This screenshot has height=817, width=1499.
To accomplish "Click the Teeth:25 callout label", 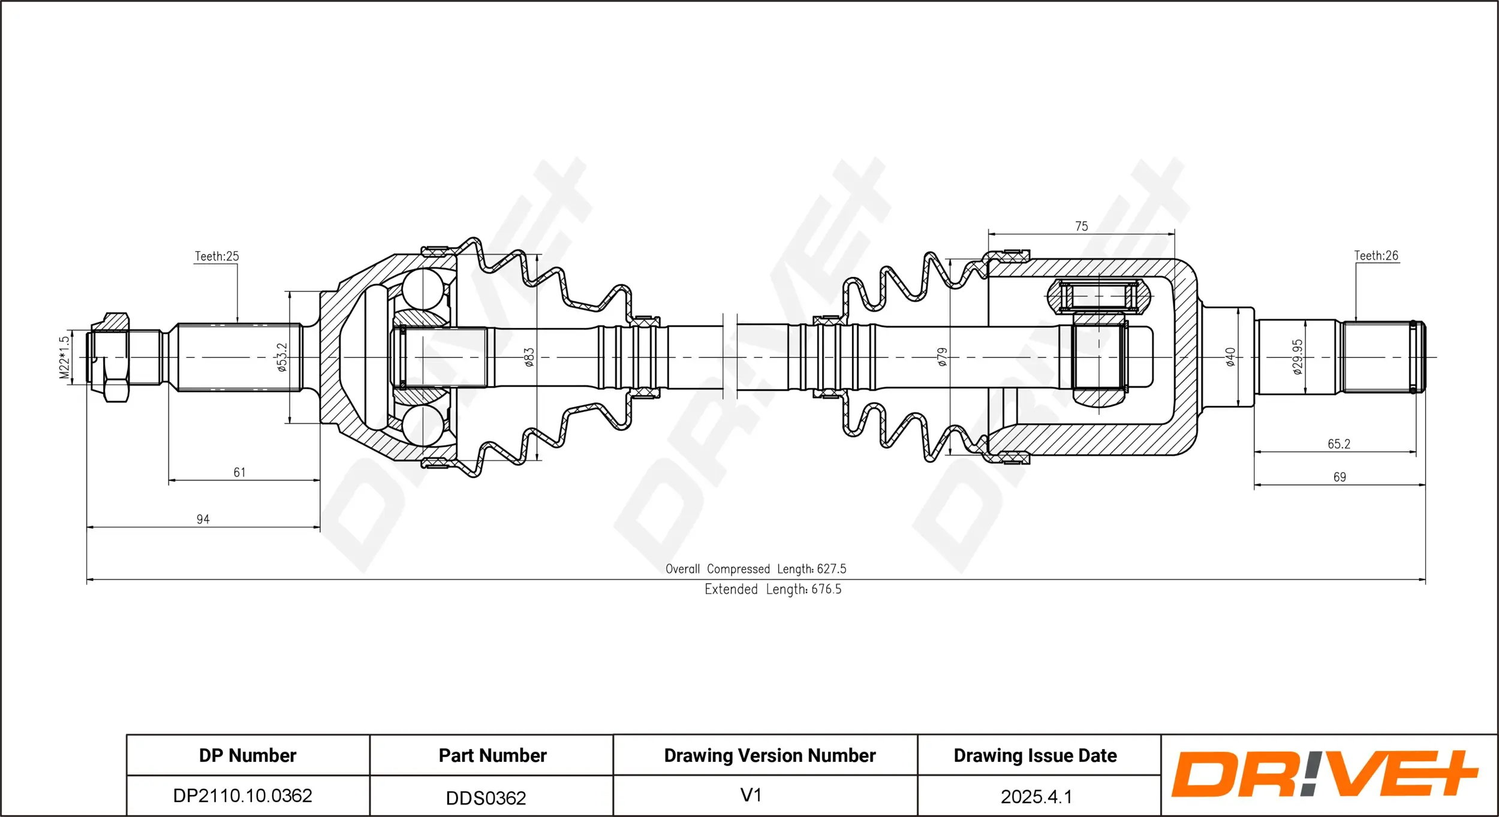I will (216, 257).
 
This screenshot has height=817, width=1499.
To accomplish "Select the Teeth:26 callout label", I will (1376, 256).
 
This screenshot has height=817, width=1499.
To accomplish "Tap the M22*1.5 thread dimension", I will (64, 357).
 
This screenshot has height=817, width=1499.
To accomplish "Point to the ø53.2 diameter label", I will (282, 357).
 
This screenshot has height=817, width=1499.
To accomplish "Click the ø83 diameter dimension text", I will (529, 357).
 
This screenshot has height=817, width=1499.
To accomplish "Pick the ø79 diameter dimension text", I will (942, 357).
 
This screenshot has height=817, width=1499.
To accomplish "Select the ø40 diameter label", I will (1230, 357).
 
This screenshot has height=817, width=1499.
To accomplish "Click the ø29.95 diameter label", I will (1298, 357).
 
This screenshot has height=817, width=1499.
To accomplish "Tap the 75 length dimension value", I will (1081, 227).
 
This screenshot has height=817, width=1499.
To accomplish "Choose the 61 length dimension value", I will (239, 473).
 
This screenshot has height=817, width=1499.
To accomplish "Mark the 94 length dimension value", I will (203, 520).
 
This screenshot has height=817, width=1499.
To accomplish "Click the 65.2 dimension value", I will (1339, 444).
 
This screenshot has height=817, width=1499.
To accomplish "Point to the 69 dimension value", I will (1340, 478).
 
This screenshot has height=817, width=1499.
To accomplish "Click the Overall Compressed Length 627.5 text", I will (755, 569).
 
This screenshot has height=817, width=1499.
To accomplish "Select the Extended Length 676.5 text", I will (773, 589).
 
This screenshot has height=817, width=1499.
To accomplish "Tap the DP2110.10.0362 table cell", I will (242, 795).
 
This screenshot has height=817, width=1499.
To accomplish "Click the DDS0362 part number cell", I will (486, 798).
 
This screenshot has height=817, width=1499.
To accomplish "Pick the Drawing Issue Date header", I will (1035, 756).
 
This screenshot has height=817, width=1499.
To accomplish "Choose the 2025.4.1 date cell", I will (1036, 797).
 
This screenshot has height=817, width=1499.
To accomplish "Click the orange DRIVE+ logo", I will (1324, 774).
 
